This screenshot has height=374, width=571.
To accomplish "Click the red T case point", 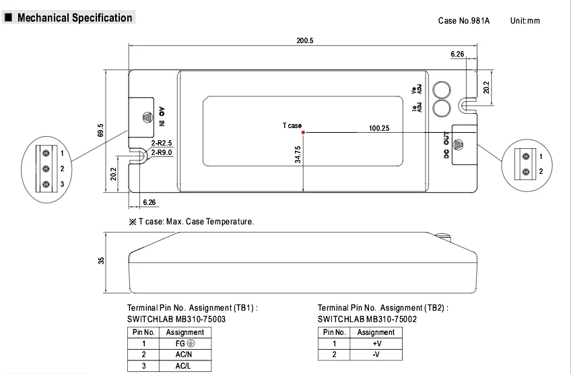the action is coord(303,132).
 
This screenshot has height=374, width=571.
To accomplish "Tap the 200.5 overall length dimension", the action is coord(305,40).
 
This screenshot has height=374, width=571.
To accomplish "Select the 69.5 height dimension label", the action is coord(100,131).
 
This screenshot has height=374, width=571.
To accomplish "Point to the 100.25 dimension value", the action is coord(378,128).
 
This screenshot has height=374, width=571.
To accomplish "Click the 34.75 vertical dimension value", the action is coord(298,154).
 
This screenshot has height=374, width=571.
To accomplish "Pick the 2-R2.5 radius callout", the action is coord(162,143).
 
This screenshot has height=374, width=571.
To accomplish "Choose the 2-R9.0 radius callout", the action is coord(162,152).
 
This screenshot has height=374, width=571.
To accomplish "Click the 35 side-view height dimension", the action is coord(101,261).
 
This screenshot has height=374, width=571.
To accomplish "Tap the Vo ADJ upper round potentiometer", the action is coord(442,90).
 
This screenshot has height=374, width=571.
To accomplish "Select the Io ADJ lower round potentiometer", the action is coord(442,108).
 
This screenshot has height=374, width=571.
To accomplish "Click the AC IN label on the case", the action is coord(162,117).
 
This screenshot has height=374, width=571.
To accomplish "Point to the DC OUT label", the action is coord(446,145).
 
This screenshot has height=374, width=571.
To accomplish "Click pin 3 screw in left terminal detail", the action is coord(46,184).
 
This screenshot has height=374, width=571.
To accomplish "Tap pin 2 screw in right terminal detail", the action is coord(526,172).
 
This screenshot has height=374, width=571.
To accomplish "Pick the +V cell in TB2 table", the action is coord(376,344).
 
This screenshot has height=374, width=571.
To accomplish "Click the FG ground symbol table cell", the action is coord(185,344).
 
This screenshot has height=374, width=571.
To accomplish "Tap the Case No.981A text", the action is coord(464,21).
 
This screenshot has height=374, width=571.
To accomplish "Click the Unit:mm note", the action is coord(525,21).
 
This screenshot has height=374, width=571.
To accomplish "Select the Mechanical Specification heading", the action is coord(75,18).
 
